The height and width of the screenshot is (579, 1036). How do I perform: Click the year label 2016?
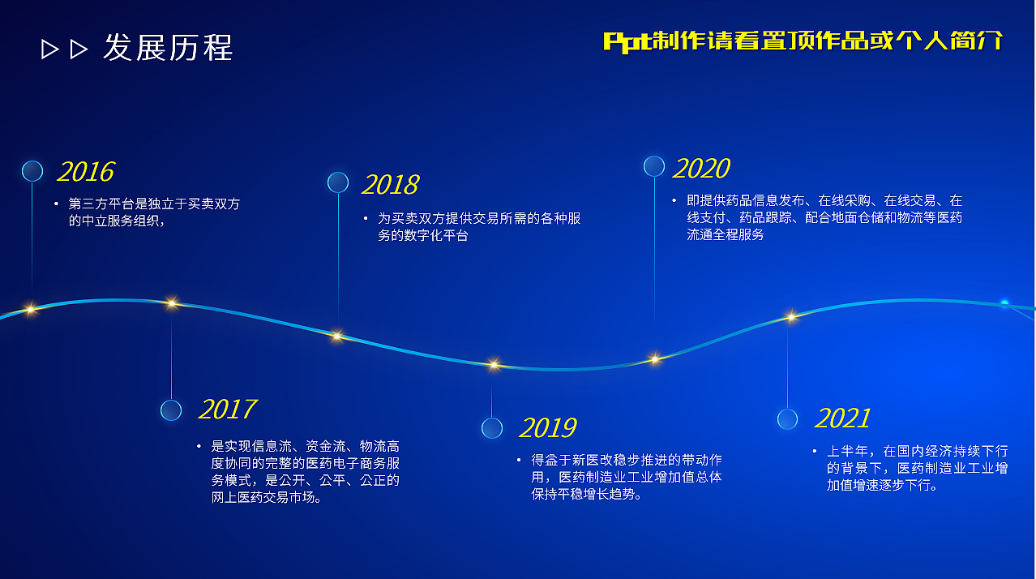pos(85,172)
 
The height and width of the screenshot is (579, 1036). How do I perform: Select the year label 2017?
pos(227,410)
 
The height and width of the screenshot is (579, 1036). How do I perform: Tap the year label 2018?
pos(389,185)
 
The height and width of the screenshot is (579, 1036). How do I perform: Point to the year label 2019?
pos(547,428)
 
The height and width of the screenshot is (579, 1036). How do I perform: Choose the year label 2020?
pos(701,169)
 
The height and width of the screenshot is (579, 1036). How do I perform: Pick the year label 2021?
pos(842,418)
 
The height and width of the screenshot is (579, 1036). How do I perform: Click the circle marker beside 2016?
pos(32,171)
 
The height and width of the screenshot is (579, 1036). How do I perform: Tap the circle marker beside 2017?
pos(171,410)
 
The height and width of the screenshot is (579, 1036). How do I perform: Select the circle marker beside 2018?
pos(338,182)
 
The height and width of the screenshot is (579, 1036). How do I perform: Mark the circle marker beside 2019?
pos(492,428)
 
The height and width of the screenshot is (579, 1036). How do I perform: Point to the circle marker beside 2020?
pos(654,166)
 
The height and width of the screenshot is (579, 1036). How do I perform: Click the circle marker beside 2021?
pos(787,419)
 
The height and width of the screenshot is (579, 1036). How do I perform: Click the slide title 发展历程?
pos(168,48)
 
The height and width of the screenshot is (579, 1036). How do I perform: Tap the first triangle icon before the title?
pos(50,49)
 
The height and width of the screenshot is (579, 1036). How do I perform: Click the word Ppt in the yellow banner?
pos(627,41)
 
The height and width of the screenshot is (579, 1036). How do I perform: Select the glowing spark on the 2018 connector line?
pos(337,335)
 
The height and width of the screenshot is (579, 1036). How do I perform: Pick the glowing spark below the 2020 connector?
pos(654,358)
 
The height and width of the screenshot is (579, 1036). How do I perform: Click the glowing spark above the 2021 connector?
pos(791,316)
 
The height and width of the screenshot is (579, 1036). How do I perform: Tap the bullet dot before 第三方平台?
pos(56,204)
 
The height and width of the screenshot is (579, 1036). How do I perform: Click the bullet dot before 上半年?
pos(815,451)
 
